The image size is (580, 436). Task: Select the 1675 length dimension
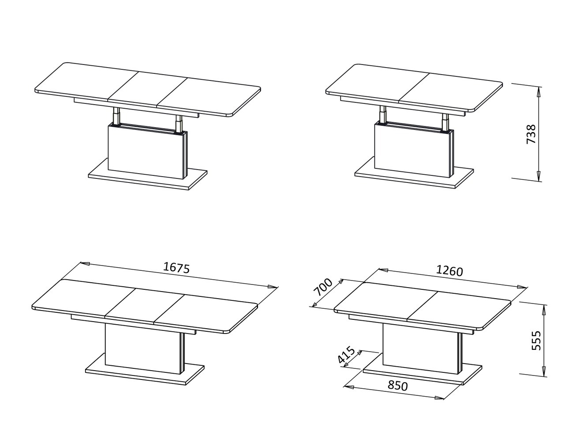pyautogui.click(x=176, y=268)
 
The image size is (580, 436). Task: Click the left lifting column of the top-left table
pyautogui.click(x=116, y=117)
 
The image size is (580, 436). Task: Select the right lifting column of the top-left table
pyautogui.click(x=179, y=124)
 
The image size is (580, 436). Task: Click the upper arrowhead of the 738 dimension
pyautogui.click(x=538, y=91)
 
